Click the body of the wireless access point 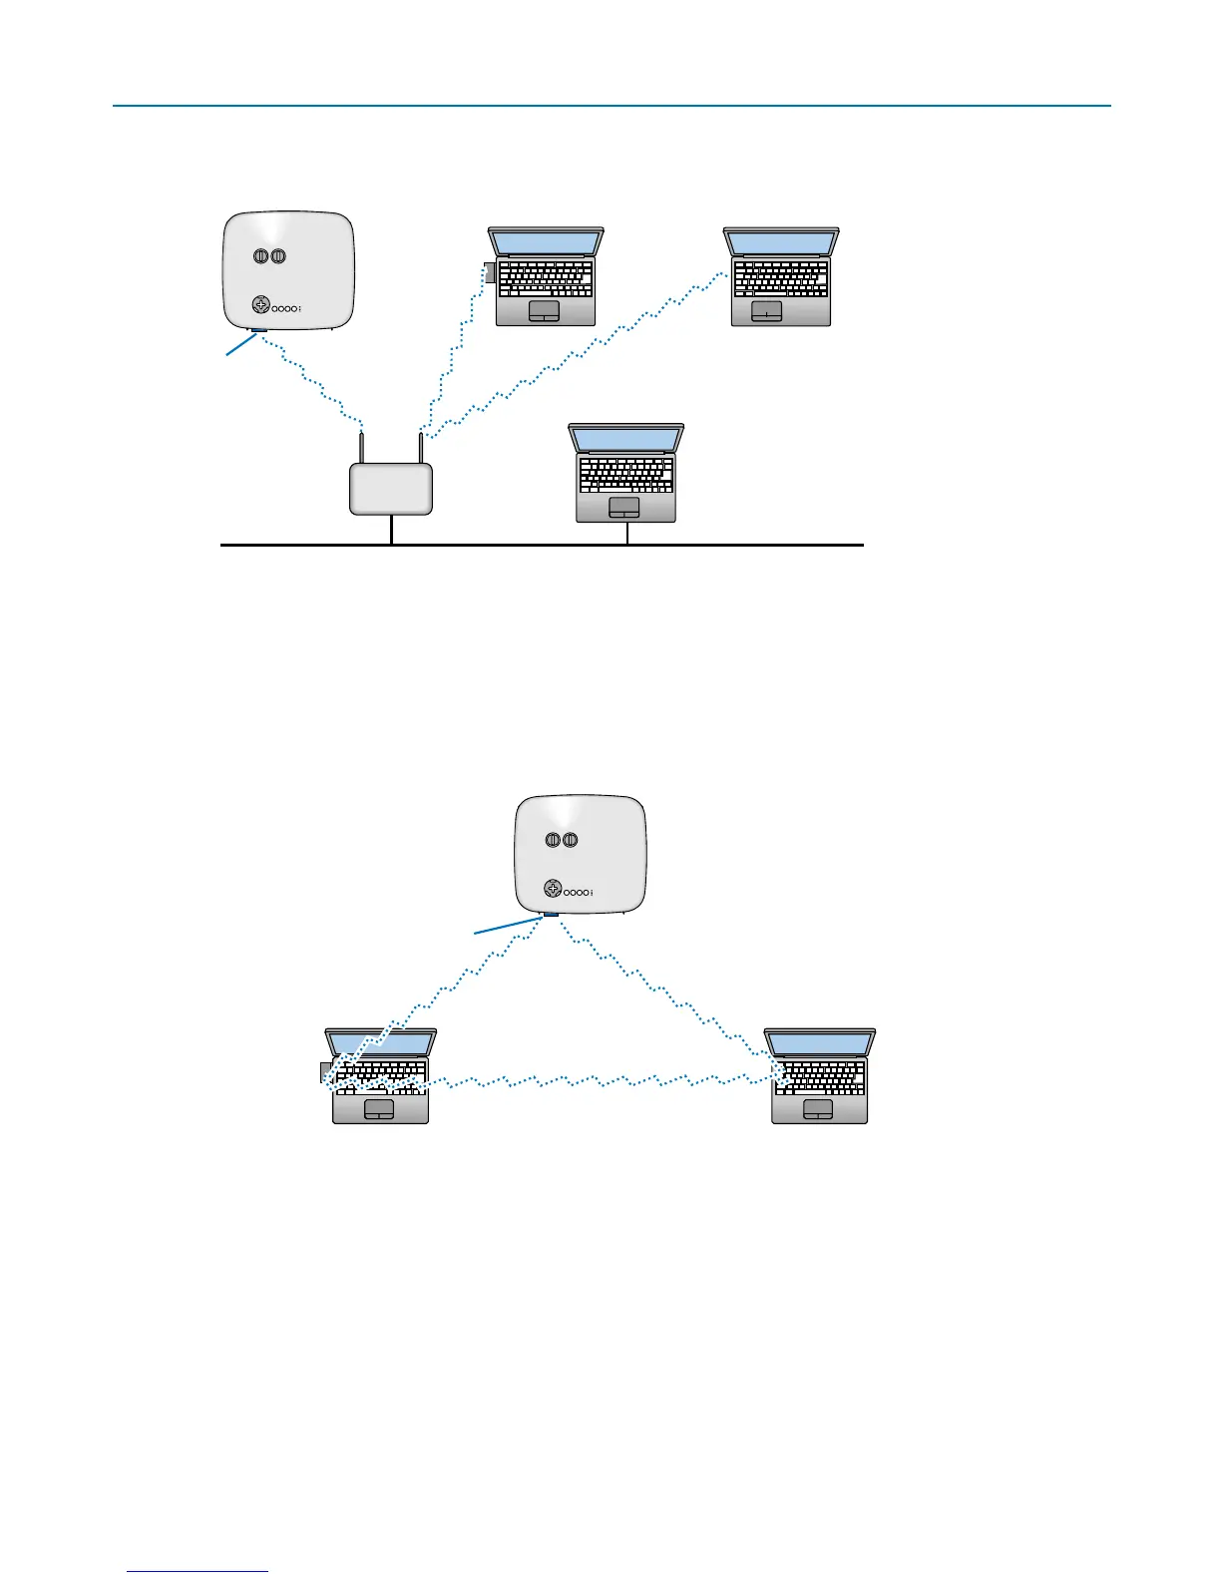391,490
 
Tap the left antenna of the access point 361,447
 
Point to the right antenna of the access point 421,447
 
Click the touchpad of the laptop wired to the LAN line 624,507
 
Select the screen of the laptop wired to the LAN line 625,438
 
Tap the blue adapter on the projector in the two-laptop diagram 550,914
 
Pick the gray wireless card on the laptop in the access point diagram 489,271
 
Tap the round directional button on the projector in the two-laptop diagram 554,889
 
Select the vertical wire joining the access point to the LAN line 392,530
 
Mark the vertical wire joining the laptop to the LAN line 627,534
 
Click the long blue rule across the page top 610,105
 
